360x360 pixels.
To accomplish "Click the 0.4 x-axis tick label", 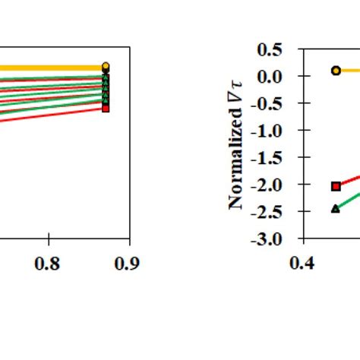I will [303, 262].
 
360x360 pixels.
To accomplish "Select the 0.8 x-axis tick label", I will [49, 262].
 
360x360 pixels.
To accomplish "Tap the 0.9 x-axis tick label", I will [129, 262].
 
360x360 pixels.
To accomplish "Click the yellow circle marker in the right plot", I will [336, 71].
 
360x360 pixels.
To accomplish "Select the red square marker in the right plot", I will [336, 186].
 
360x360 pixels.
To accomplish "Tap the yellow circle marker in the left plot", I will [106, 67].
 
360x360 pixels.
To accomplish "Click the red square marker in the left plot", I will [106, 109].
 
